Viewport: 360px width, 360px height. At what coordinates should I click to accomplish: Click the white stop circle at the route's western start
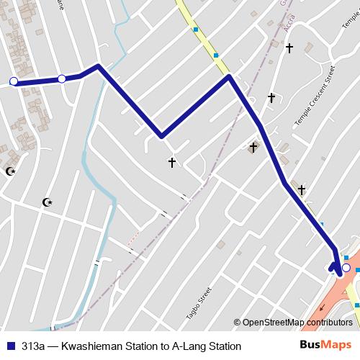pos(13,81)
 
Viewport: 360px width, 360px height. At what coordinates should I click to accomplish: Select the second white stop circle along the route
pos(62,78)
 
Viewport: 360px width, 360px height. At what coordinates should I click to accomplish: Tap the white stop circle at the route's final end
pos(346,268)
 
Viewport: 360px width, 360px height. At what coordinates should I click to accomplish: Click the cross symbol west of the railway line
pos(172,163)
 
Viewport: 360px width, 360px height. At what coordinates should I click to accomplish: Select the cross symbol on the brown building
pos(253,148)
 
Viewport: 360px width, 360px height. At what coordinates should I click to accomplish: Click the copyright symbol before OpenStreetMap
pos(238,322)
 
